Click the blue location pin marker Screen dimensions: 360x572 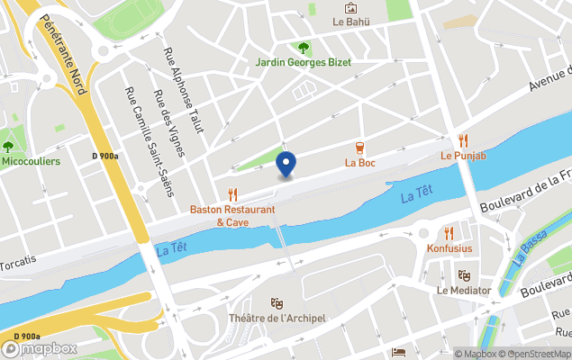[286, 165]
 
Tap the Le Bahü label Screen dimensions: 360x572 [351, 22]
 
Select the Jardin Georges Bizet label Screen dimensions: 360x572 [303, 62]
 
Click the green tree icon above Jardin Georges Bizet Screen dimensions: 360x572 [304, 48]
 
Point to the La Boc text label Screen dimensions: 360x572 [359, 163]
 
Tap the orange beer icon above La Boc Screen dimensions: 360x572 [359, 148]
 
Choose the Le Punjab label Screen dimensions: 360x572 [463, 156]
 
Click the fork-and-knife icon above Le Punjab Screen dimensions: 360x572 [463, 140]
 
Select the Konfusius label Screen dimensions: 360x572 [449, 247]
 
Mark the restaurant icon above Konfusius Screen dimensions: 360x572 [449, 233]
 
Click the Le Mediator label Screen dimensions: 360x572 [464, 290]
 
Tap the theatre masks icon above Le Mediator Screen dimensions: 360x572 [464, 275]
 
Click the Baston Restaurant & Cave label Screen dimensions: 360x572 [232, 216]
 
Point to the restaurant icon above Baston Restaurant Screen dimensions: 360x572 [232, 193]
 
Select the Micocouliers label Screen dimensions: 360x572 [31, 161]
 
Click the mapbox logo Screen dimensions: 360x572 [40, 348]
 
